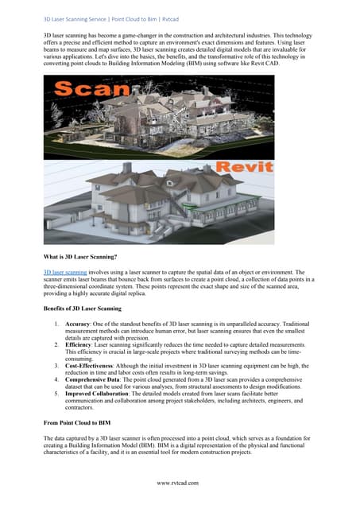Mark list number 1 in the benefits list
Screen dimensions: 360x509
[x=55, y=324]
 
